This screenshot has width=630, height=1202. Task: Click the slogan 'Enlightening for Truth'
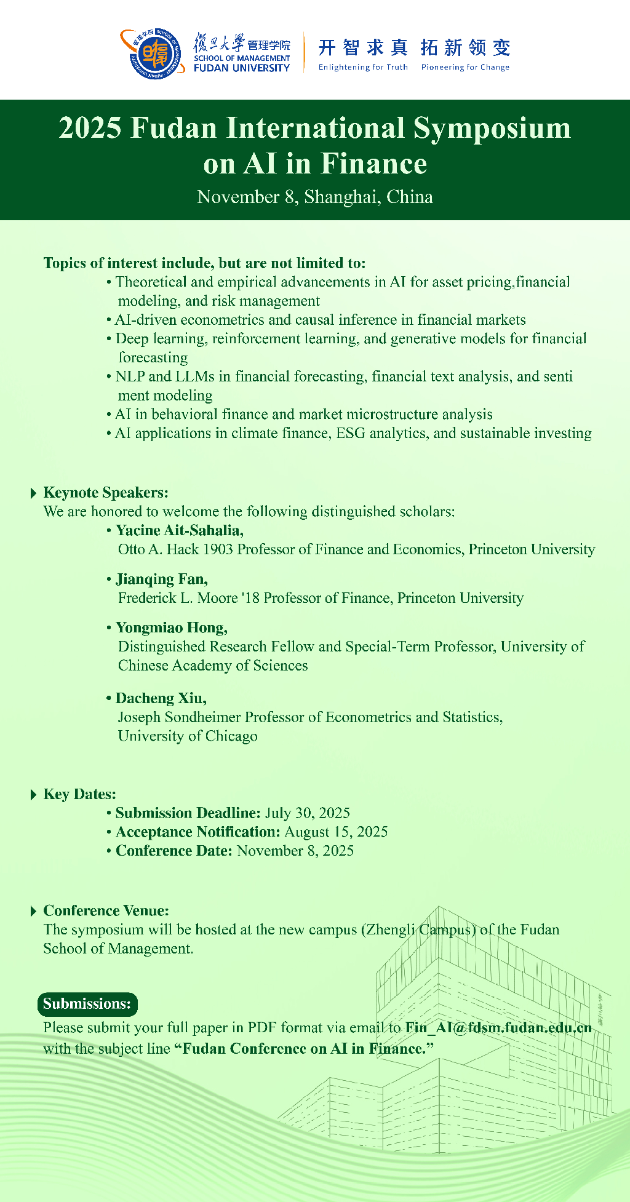click(363, 67)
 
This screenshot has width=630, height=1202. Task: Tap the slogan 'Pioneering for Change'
click(465, 67)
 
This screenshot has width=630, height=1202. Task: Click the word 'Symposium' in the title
click(492, 129)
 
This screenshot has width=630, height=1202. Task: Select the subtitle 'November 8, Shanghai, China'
click(315, 197)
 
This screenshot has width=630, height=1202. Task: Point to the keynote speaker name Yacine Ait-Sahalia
click(179, 530)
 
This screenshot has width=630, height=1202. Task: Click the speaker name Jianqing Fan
click(161, 579)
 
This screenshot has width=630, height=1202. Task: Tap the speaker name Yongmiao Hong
click(171, 627)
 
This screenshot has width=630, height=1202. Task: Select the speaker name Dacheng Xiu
click(161, 698)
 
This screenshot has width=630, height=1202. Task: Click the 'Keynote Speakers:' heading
click(105, 493)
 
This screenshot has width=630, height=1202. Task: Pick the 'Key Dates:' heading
click(79, 794)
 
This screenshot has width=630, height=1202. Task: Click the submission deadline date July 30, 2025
click(308, 813)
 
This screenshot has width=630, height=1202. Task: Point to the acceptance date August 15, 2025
click(336, 832)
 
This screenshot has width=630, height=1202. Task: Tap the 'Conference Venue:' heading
click(106, 910)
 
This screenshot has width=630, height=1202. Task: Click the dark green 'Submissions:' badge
click(87, 1004)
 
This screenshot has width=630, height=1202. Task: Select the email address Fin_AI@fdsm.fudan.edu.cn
click(498, 1027)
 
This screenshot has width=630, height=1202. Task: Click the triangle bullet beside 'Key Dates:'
click(33, 795)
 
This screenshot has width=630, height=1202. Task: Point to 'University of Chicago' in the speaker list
click(188, 736)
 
